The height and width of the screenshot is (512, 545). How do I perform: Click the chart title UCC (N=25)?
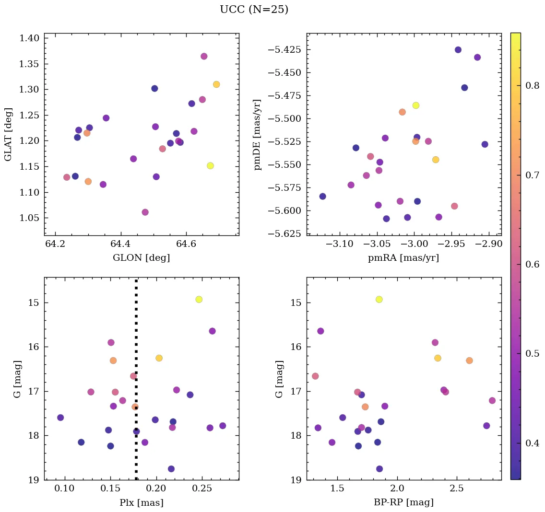click(254, 10)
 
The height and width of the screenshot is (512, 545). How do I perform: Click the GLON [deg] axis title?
click(141, 258)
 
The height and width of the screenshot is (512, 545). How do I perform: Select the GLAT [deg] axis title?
click(8, 134)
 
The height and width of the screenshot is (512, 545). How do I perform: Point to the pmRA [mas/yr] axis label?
click(403, 258)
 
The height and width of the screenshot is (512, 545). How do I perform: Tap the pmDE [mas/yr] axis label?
click(258, 134)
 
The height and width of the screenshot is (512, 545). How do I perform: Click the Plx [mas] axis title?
click(141, 502)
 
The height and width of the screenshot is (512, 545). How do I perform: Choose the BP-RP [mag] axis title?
click(403, 502)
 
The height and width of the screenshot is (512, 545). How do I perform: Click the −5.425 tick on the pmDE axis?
click(286, 50)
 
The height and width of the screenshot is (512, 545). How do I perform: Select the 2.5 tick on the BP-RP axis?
click(456, 489)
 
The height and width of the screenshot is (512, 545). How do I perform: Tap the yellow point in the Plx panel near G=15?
click(199, 299)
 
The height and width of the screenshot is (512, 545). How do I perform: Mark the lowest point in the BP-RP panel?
click(379, 469)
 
